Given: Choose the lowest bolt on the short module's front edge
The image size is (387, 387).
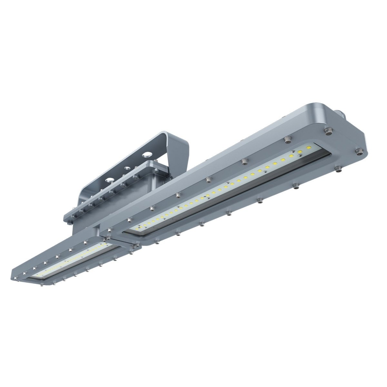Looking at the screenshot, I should (41, 285).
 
